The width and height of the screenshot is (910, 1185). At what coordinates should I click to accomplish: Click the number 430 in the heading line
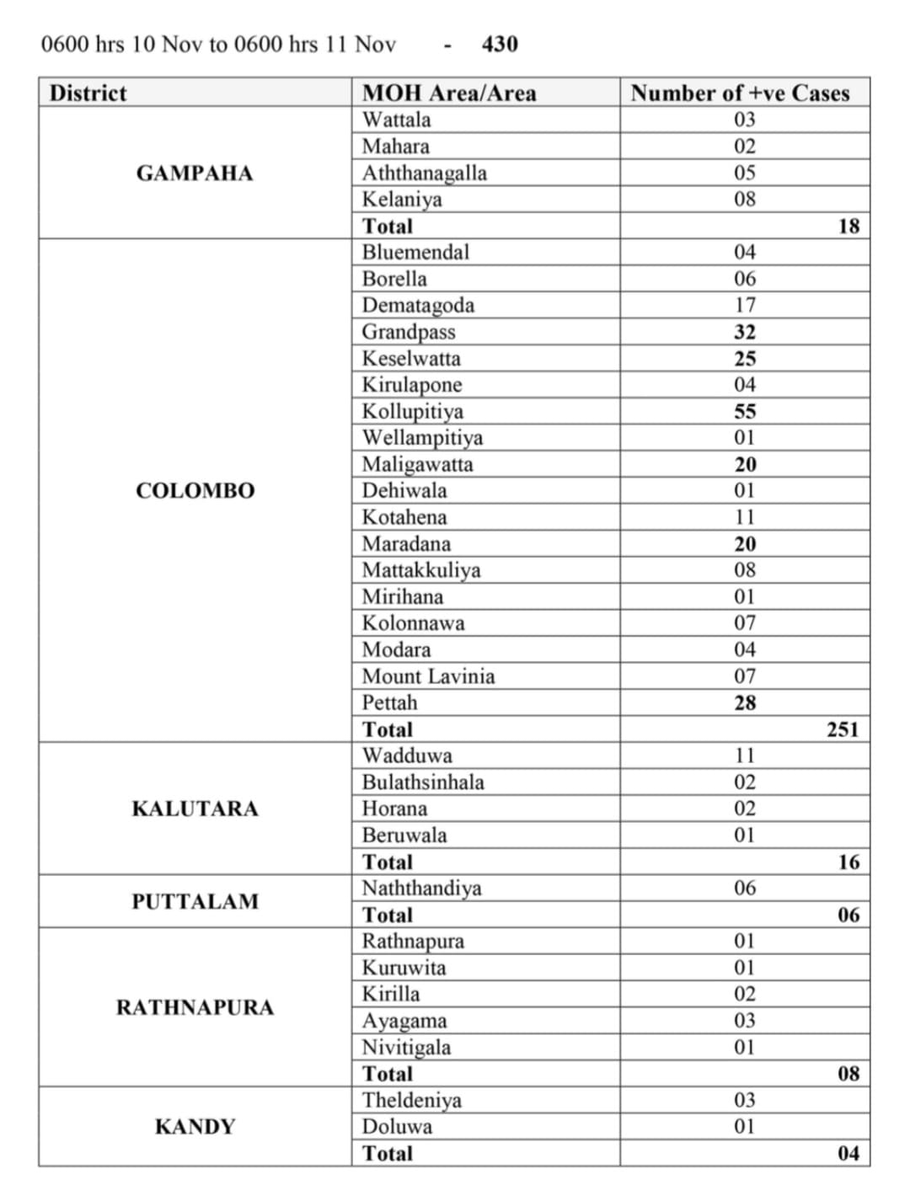(500, 44)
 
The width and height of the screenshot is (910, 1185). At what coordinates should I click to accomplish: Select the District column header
(88, 93)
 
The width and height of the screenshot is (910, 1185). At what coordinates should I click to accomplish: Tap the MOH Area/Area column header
(449, 93)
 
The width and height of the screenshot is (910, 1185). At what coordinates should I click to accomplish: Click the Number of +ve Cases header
(740, 93)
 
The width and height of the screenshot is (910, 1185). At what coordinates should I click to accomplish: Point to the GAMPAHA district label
(195, 173)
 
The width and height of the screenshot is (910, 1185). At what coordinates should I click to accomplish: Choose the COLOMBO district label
(195, 491)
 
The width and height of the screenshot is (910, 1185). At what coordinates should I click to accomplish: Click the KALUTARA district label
(195, 809)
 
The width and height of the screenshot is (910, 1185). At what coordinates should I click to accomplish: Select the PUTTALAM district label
(195, 902)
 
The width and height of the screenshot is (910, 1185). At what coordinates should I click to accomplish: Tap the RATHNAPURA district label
(195, 1008)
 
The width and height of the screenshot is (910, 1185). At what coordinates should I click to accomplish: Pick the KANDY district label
(195, 1127)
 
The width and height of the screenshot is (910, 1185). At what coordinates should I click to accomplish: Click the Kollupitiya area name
(413, 411)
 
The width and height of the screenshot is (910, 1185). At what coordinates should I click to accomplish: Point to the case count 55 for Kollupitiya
(745, 411)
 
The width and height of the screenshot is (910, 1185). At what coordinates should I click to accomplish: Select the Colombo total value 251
(843, 729)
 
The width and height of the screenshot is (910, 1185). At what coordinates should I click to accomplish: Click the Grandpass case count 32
(745, 332)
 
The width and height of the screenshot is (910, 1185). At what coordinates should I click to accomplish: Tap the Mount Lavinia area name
(428, 676)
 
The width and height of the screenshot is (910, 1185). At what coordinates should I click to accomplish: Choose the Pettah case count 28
(745, 702)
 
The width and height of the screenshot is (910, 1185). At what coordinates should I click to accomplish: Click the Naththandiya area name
(421, 889)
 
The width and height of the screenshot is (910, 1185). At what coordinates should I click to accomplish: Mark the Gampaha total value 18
(848, 226)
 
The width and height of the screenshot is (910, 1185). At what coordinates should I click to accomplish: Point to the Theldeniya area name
(412, 1100)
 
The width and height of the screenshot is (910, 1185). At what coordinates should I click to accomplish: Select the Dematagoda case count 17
(745, 305)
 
